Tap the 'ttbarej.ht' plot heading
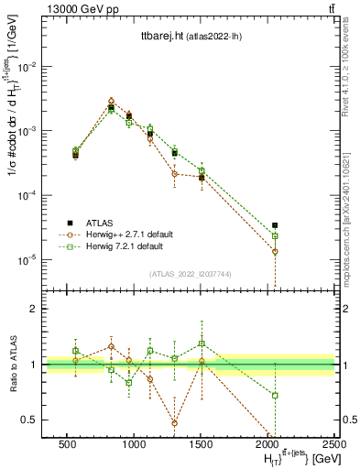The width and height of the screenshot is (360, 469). tap(155, 36)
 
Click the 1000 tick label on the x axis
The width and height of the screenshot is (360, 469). tap(134, 444)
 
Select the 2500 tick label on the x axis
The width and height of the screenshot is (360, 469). tap(334, 444)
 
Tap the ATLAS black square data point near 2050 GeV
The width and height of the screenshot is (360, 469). tap(275, 224)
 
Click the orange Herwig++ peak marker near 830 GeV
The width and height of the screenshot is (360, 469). tap(111, 101)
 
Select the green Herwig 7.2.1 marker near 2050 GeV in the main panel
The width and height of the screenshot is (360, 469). tap(275, 236)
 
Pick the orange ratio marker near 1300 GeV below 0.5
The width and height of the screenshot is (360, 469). tap(174, 422)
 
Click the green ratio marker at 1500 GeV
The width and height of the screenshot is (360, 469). tap(202, 344)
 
